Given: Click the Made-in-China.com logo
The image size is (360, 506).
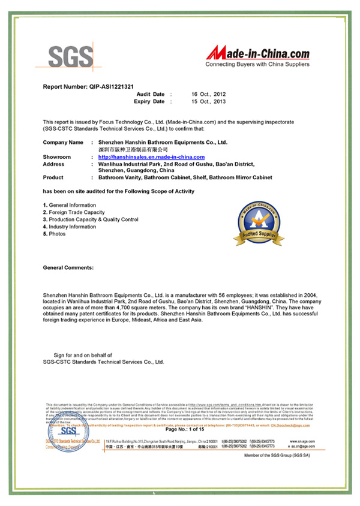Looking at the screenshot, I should [257, 55].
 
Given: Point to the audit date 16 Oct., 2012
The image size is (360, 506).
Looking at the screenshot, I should [208, 95].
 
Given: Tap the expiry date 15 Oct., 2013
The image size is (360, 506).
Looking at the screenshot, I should [208, 102].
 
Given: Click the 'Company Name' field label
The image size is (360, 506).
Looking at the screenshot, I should [63, 142].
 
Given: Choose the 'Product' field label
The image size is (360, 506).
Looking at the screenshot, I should [53, 177].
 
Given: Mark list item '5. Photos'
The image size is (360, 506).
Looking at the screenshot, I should [55, 234].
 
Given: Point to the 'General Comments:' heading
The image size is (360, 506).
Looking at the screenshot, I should [68, 267].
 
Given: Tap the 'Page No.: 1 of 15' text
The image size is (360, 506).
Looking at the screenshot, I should [185, 429].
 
